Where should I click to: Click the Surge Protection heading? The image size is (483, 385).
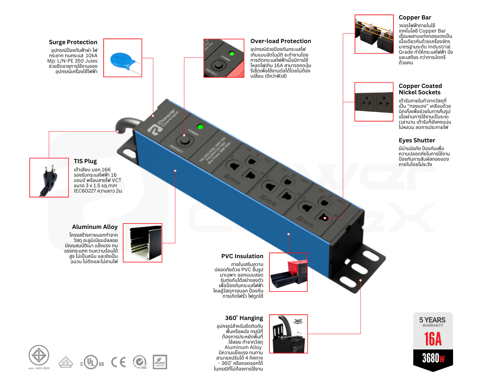coord(73,42)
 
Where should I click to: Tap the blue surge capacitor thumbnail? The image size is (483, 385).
coord(123,58)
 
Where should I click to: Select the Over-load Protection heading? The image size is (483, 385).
coord(281,41)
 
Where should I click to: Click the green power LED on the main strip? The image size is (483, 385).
coord(200,127)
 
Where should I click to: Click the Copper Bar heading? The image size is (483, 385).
coord(415,17)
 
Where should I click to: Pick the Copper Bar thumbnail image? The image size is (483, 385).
coord(374,34)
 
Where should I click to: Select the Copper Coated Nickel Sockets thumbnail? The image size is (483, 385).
coord(374,102)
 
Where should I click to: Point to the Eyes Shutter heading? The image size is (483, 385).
coord(417,140)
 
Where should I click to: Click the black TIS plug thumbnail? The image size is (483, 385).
coord(49,178)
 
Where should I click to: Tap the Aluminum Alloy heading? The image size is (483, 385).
coord(95,227)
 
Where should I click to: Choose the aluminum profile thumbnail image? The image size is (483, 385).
coord(142,243)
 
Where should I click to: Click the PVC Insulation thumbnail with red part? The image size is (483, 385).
coord(288,272)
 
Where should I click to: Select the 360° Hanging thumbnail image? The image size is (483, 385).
coord(288,334)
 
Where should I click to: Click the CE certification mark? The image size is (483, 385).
coord(118,362)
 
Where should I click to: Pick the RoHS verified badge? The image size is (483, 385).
coord(160,362)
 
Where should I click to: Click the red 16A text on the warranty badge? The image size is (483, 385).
coord(433,339)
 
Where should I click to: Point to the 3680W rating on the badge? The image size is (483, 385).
coord(433,358)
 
